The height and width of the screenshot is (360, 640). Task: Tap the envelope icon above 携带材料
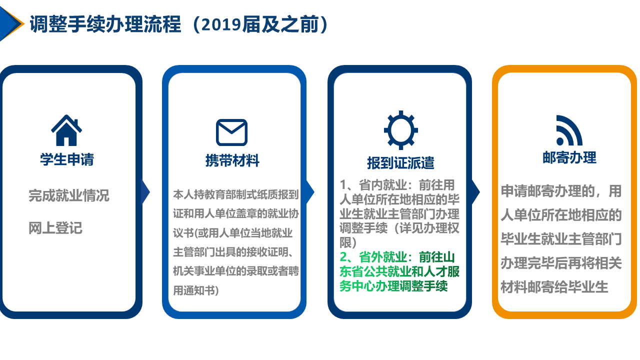tap(231, 132)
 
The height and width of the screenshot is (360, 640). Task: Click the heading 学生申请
tap(67, 159)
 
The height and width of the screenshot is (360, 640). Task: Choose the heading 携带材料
tap(232, 160)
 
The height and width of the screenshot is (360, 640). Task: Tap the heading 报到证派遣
tap(400, 163)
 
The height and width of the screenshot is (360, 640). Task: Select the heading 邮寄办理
tap(569, 158)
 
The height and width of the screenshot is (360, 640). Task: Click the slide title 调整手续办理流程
tap(105, 24)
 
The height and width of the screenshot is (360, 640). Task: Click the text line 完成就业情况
tap(68, 195)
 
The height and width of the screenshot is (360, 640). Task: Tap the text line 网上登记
tap(55, 228)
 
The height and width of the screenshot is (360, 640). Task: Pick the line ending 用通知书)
tap(196, 290)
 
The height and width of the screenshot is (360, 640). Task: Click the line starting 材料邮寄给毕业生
tap(554, 287)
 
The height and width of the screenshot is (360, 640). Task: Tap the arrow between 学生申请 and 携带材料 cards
tap(145, 192)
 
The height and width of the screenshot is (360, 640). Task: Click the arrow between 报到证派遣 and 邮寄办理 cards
tap(475, 192)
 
